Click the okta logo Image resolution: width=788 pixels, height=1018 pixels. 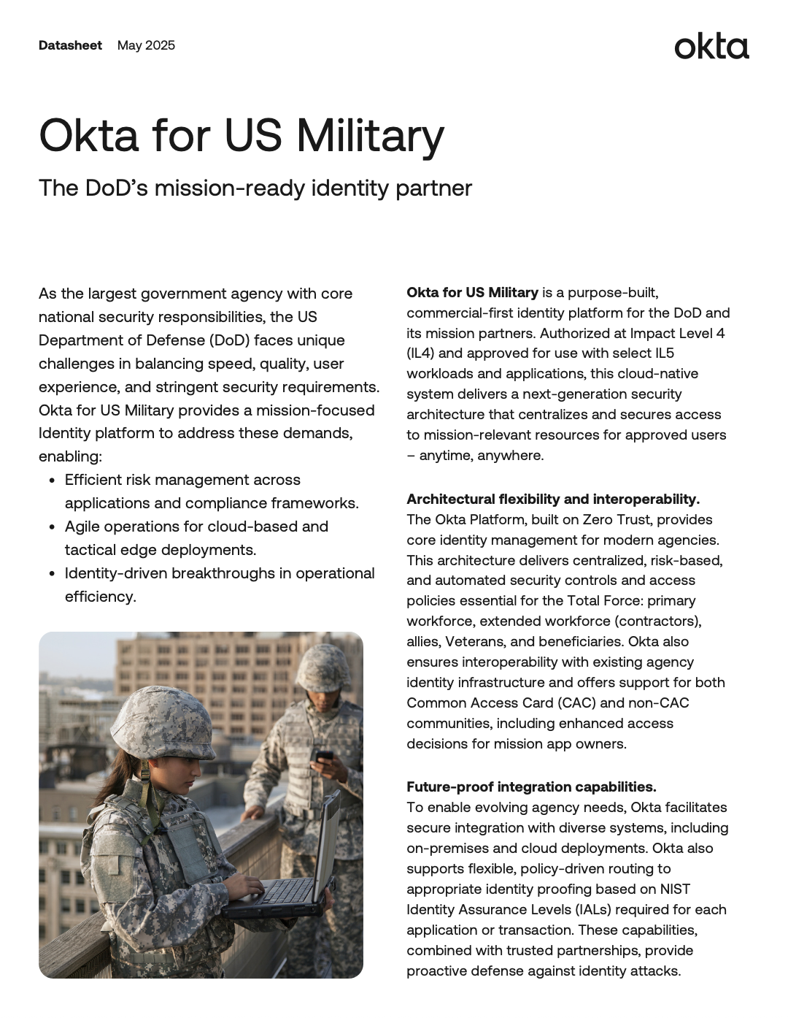point(711,46)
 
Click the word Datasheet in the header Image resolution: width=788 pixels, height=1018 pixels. point(70,45)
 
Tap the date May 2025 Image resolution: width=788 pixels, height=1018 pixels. point(146,45)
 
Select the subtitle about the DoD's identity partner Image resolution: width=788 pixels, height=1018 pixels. point(255,188)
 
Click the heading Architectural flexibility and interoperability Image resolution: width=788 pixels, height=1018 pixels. point(552,499)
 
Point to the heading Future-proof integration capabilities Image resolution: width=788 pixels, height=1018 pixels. point(531,787)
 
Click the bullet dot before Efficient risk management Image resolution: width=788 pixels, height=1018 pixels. point(52,481)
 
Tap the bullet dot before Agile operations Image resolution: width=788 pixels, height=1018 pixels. point(52,527)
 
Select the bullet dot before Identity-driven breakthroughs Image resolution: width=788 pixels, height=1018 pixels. point(52,574)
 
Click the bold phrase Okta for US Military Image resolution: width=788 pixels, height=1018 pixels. point(472,292)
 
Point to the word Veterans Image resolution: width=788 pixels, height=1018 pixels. point(475,641)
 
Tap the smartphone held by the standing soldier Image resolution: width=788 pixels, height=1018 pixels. point(324,756)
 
